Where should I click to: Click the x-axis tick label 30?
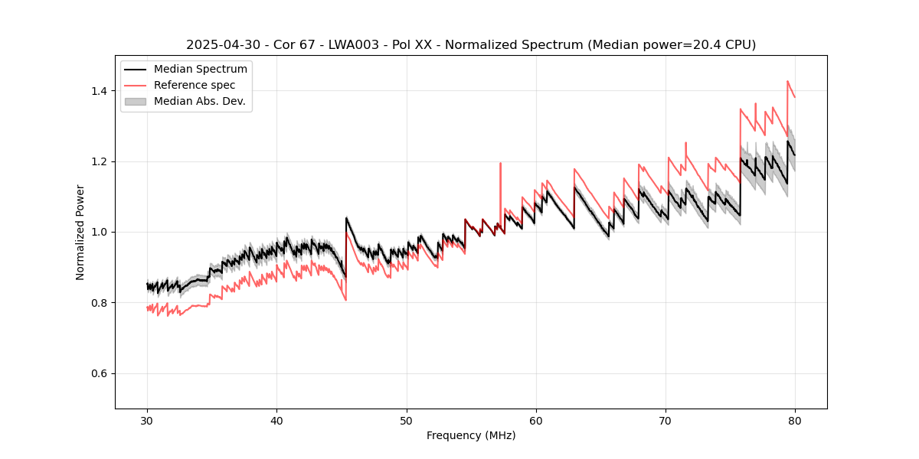click(x=147, y=421)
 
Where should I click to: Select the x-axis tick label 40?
click(x=276, y=421)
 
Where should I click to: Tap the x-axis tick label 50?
click(x=407, y=421)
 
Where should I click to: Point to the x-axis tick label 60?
click(x=536, y=421)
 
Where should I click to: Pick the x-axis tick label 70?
click(x=666, y=421)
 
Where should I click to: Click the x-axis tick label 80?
click(x=795, y=421)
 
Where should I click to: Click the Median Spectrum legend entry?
click(x=200, y=70)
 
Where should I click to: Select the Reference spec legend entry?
click(x=195, y=85)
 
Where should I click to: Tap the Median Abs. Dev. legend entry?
click(x=199, y=101)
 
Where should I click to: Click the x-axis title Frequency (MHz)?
click(x=471, y=435)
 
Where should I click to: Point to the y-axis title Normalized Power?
click(x=80, y=232)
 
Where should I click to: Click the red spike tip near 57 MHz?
click(x=500, y=163)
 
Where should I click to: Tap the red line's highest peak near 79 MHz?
click(x=787, y=81)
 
